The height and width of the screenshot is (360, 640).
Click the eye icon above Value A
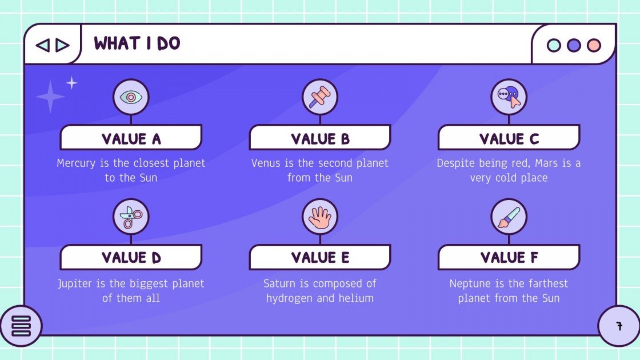[131, 97]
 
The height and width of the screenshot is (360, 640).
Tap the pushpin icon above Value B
[319, 97]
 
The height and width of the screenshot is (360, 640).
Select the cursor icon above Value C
[509, 97]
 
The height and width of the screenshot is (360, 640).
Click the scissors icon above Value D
[131, 217]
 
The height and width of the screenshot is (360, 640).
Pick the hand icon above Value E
[319, 217]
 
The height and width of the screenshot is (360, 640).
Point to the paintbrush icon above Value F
[509, 217]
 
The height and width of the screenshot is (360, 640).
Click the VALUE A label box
[131, 138]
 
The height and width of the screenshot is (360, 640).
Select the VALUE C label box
[509, 138]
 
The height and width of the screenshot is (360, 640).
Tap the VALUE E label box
[319, 258]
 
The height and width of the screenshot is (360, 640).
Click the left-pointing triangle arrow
[42, 45]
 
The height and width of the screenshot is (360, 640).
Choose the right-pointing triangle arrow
[62, 45]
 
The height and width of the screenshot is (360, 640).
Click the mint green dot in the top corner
[554, 45]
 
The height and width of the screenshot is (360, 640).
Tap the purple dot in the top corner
[574, 45]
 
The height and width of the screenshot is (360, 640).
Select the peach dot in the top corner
[594, 45]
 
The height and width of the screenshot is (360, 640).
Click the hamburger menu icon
[21, 326]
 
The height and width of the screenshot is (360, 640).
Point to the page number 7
[619, 326]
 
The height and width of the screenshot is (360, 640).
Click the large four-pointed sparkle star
[50, 97]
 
